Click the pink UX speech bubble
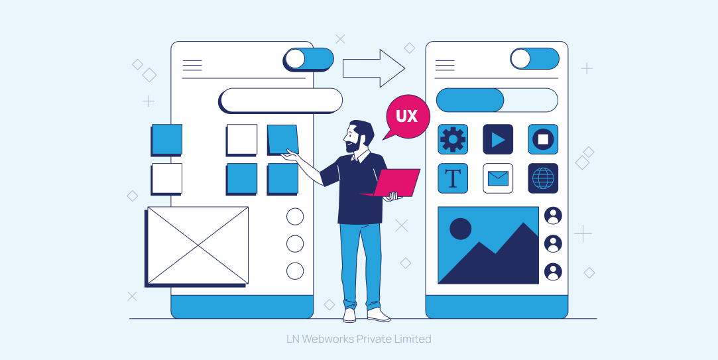click(x=406, y=117)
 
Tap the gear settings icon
click(x=453, y=139)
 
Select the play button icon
click(x=498, y=139)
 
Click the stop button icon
click(x=543, y=139)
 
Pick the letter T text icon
click(x=453, y=178)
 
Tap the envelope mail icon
click(x=498, y=178)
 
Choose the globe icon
click(x=543, y=178)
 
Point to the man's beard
click(x=353, y=145)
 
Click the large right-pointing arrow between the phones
click(x=374, y=68)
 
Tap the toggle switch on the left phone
click(x=308, y=60)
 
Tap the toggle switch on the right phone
click(x=535, y=58)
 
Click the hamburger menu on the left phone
click(x=192, y=66)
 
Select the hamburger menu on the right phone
click(x=445, y=66)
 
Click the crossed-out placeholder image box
click(x=198, y=246)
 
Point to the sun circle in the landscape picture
click(x=461, y=229)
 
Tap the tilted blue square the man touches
click(x=283, y=139)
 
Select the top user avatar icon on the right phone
click(x=553, y=215)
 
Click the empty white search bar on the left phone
click(x=280, y=100)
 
